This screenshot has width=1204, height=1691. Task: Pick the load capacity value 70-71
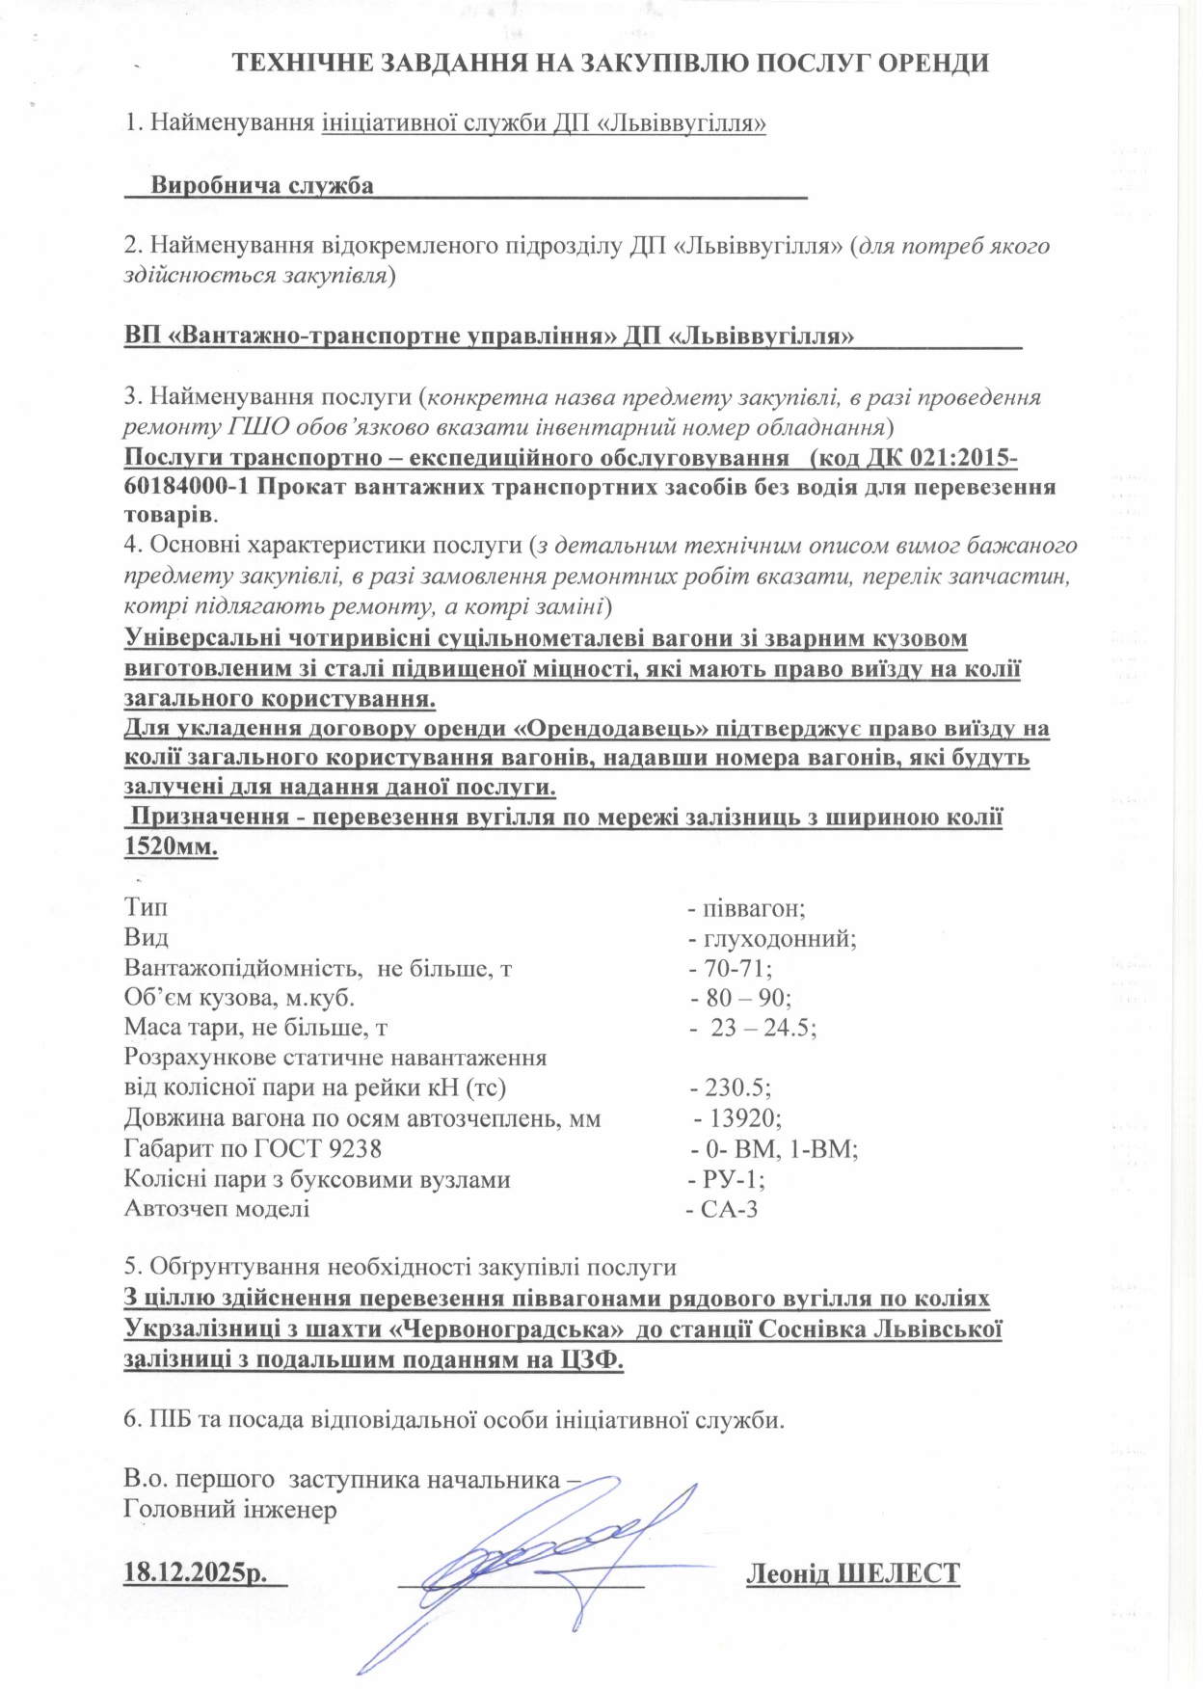tap(737, 968)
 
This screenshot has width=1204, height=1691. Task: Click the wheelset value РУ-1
tap(734, 1179)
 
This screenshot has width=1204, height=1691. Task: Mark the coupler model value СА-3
tap(729, 1209)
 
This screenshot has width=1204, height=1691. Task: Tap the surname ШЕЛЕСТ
tap(897, 1573)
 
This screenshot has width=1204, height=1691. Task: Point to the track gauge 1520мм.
tap(171, 847)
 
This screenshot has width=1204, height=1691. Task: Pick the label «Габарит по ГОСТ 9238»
tap(253, 1148)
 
